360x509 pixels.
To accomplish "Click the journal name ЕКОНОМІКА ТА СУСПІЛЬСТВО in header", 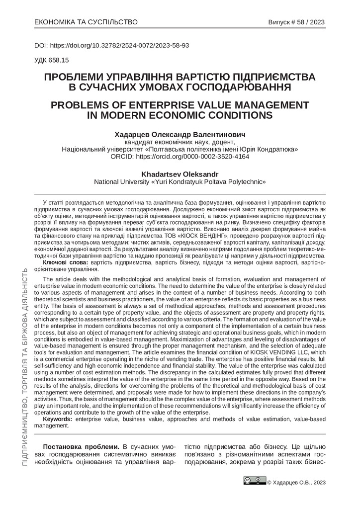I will click(86, 22).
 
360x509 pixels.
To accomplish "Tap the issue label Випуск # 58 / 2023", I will click(297, 22).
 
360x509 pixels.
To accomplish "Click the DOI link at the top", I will click(111, 45).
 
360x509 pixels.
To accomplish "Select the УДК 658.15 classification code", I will click(51, 60).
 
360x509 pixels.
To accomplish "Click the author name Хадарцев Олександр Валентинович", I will click(180, 134).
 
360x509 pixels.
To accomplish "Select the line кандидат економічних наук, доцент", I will click(180, 142).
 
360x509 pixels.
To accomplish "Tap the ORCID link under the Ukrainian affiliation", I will click(180, 156).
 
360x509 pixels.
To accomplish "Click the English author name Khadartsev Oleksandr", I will click(180, 174).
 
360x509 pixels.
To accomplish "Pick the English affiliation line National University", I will click(180, 182).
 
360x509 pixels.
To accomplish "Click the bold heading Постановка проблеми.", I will click(82, 445).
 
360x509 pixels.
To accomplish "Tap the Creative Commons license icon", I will click(254, 481).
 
